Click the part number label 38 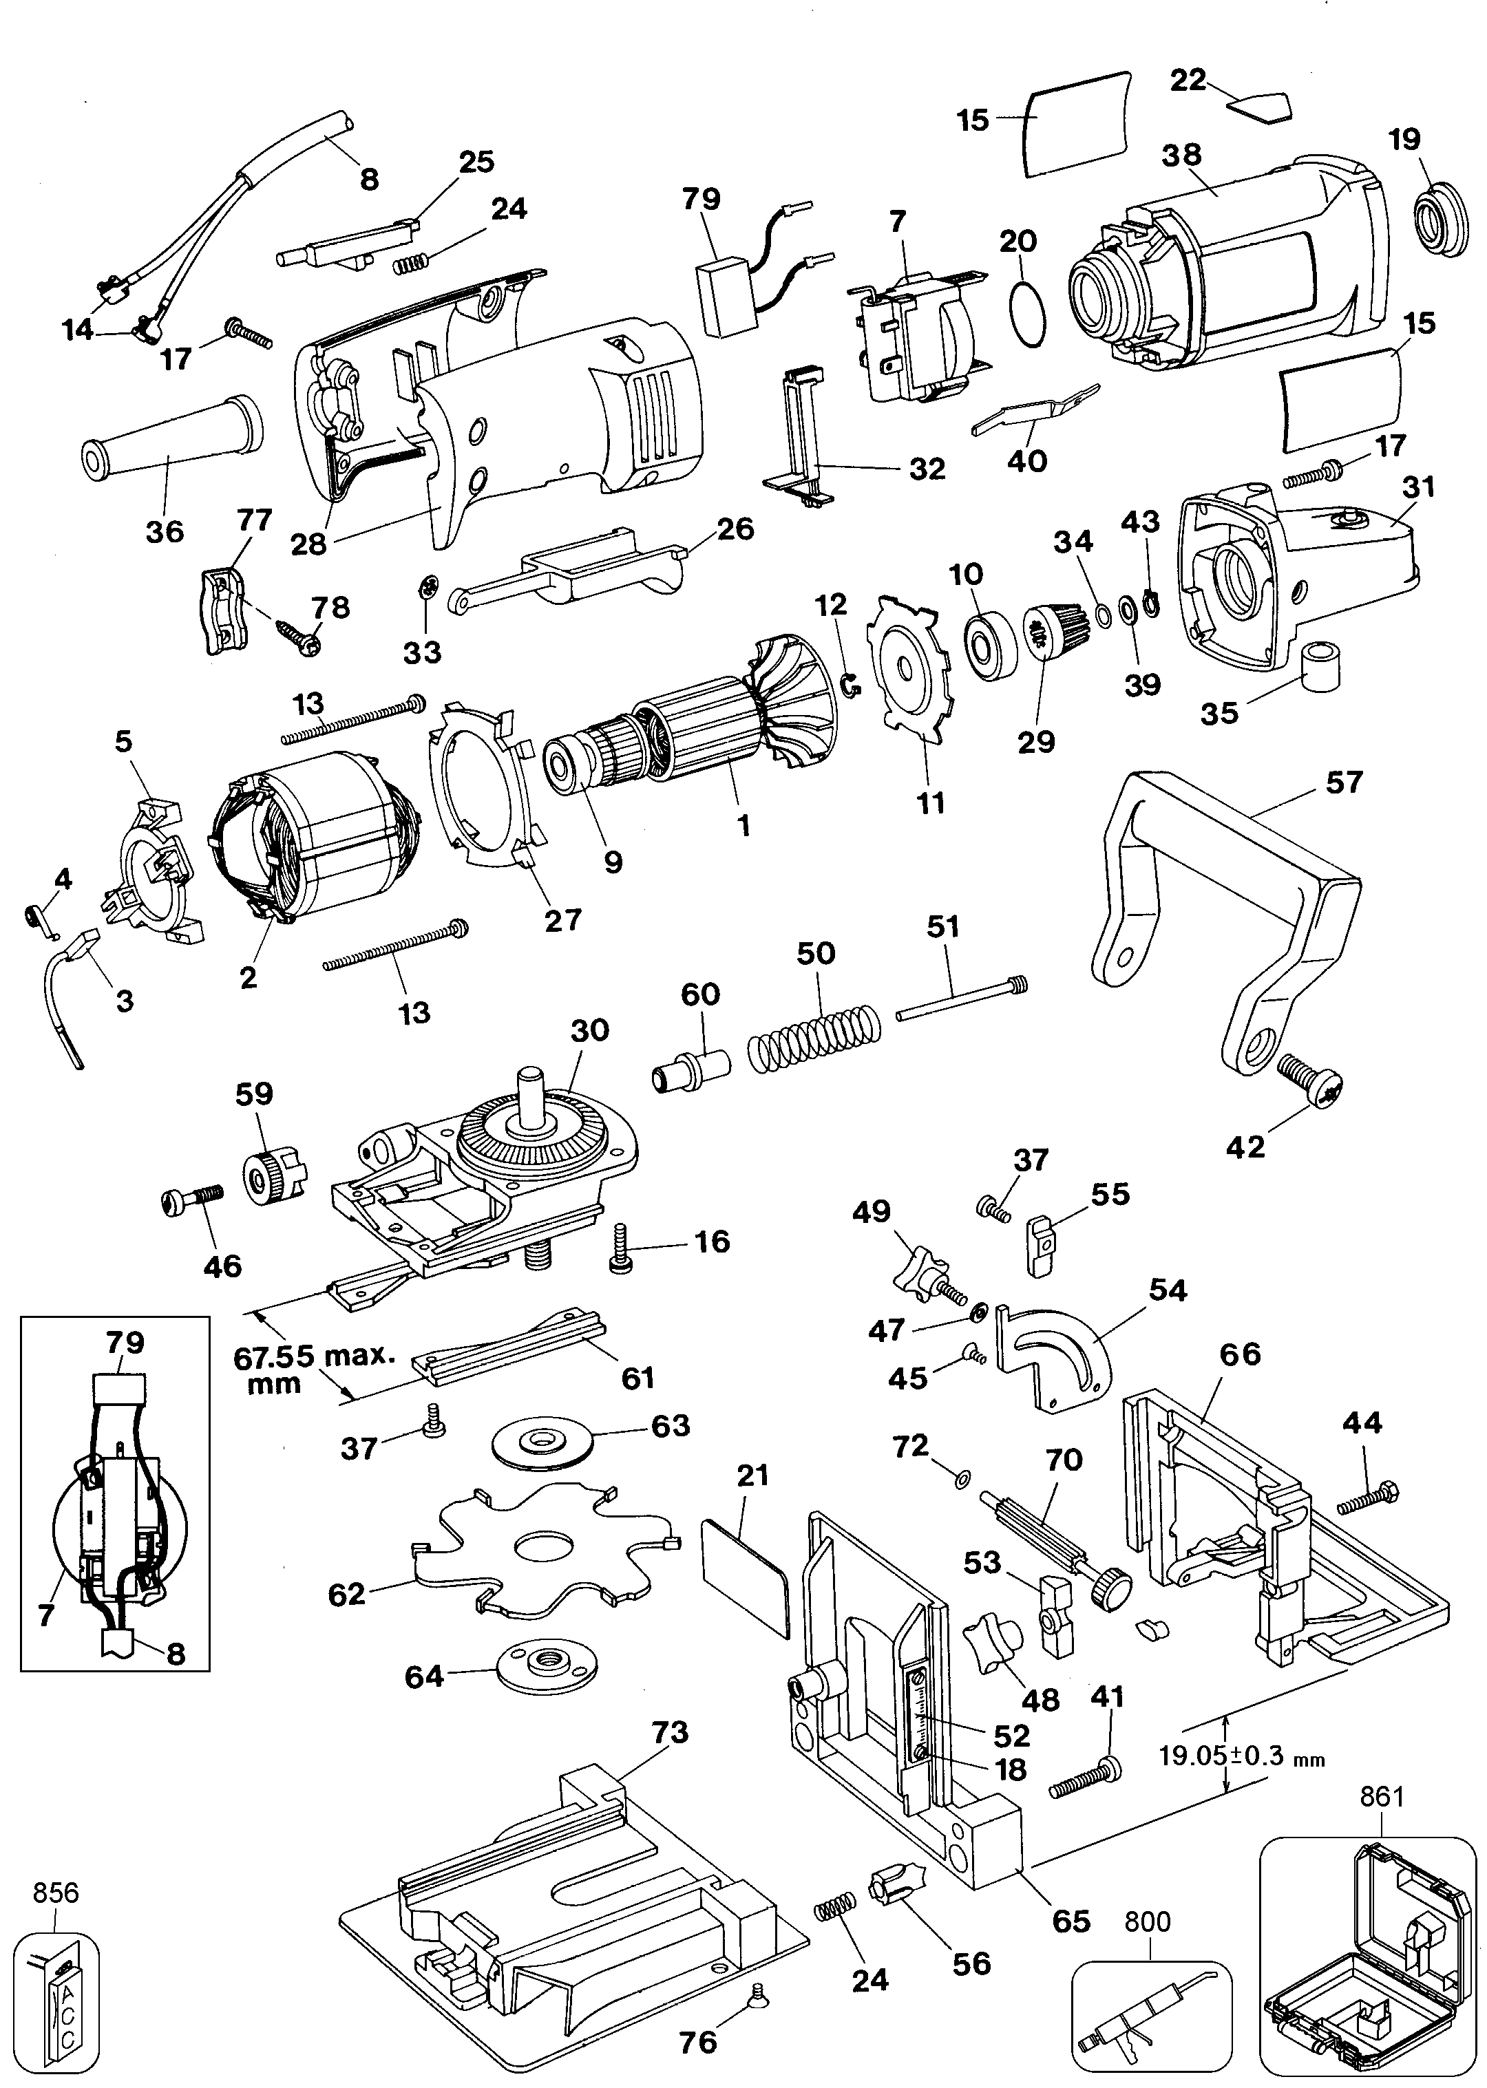pyautogui.click(x=1181, y=155)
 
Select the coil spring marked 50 pyautogui.click(x=814, y=1038)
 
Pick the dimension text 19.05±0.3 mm pyautogui.click(x=1241, y=1756)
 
